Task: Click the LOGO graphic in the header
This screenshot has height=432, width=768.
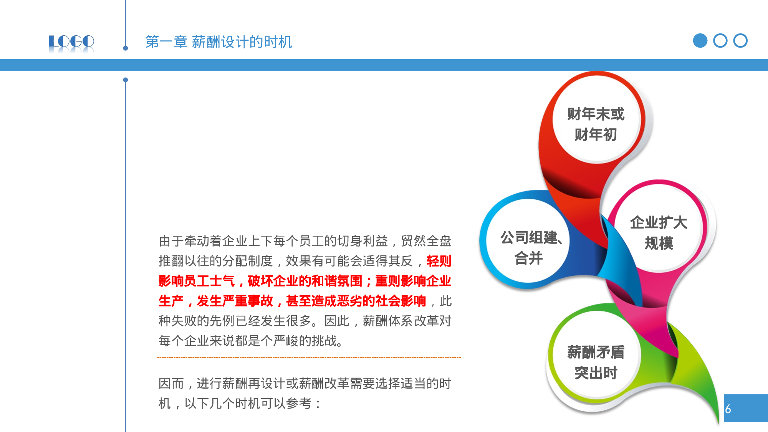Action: tap(71, 42)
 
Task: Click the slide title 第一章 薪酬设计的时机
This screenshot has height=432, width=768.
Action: tap(218, 42)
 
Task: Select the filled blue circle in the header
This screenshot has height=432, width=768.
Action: tap(700, 41)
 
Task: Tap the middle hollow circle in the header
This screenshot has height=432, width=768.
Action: tap(720, 41)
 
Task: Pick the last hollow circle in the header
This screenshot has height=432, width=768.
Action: tap(740, 41)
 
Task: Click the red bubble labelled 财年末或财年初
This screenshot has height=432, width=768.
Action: tap(596, 124)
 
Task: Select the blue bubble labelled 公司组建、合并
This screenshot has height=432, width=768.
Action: tap(529, 248)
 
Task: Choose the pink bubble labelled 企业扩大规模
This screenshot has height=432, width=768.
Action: tap(659, 233)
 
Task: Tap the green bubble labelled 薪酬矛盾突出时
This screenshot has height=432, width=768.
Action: tap(596, 362)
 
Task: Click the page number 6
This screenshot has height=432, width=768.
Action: tap(728, 409)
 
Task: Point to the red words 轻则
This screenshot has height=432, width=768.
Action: tap(439, 261)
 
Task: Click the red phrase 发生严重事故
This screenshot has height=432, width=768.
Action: tap(235, 301)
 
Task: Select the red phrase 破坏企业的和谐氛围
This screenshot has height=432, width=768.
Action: tap(305, 281)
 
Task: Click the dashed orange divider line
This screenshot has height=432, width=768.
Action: tap(309, 358)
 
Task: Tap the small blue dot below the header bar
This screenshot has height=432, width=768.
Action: tap(126, 80)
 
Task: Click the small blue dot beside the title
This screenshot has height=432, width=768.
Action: tap(126, 48)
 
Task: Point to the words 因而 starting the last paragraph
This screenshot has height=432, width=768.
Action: tap(171, 384)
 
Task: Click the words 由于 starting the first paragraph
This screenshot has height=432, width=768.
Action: tap(171, 241)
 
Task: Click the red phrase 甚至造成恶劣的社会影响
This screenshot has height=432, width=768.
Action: tap(356, 301)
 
